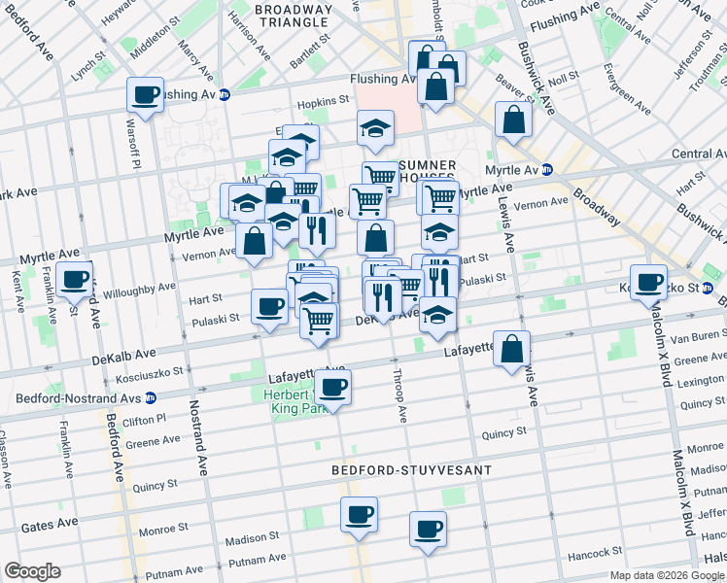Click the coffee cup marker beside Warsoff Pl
point(145,95)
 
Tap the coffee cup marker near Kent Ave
point(75,279)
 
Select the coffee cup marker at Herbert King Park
point(333,387)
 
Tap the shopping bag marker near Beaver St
point(513,120)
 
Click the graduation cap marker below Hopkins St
point(375,127)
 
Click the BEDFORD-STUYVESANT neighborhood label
point(411,470)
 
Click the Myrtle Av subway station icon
point(547,169)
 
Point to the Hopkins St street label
point(324,101)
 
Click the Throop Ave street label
point(399,394)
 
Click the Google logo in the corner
point(32,571)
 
